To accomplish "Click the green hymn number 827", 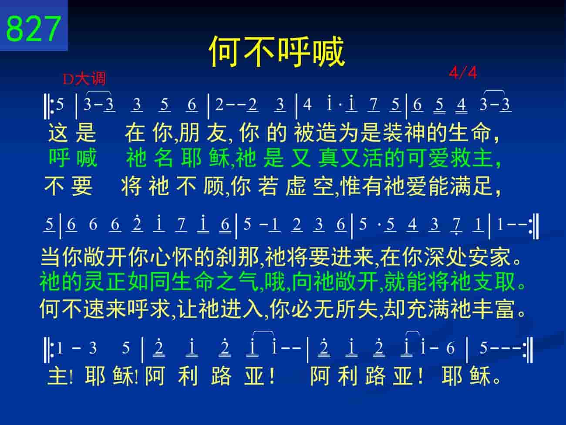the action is point(34,28).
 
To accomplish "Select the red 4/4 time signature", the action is point(463,73).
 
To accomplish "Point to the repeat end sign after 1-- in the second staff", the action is point(534,226).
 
